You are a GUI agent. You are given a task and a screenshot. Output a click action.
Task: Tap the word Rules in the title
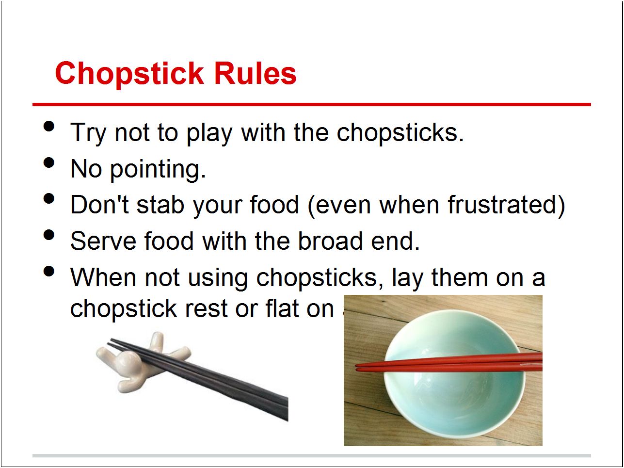click(255, 74)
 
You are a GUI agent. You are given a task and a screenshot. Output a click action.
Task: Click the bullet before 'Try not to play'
click(49, 127)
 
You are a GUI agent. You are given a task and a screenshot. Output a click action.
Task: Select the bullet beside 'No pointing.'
click(49, 163)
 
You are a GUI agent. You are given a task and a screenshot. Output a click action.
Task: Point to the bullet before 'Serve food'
click(49, 235)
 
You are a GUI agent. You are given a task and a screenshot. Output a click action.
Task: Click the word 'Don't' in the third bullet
click(99, 205)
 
